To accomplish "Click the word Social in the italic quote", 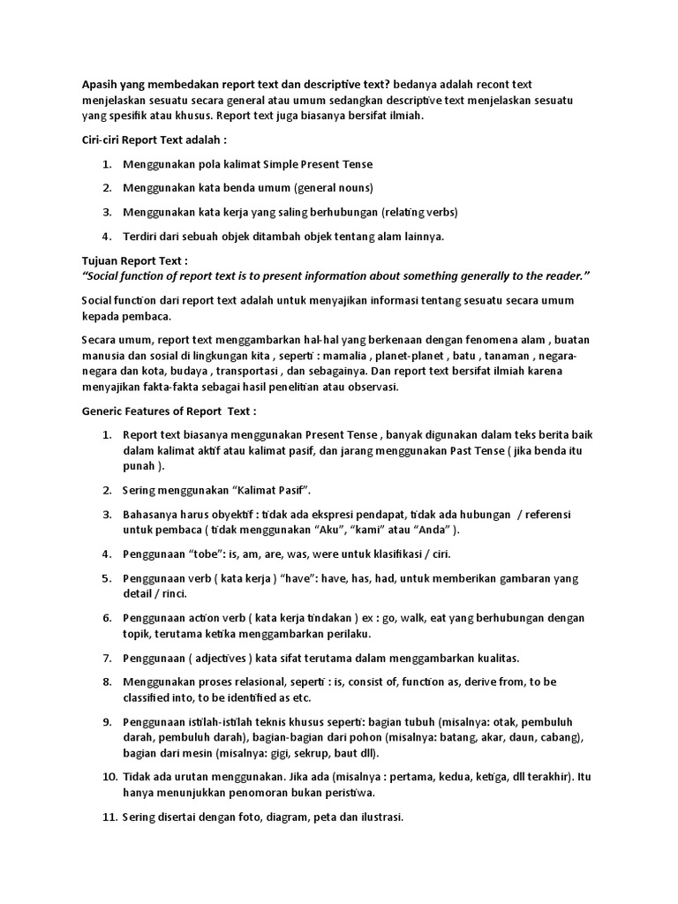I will click(x=105, y=276).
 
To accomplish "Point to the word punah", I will click(x=141, y=465).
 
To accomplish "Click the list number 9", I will click(x=106, y=722).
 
